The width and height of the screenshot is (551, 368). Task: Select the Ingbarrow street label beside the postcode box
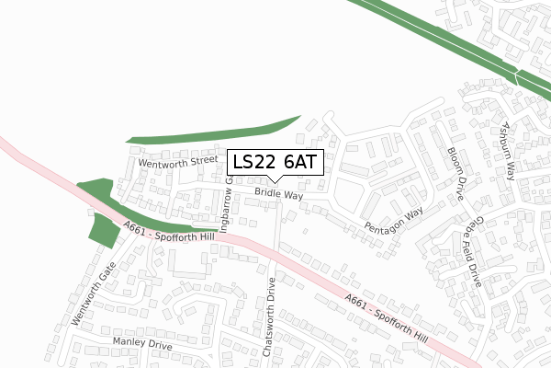point(223,204)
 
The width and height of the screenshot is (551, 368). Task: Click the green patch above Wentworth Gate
point(103,230)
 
